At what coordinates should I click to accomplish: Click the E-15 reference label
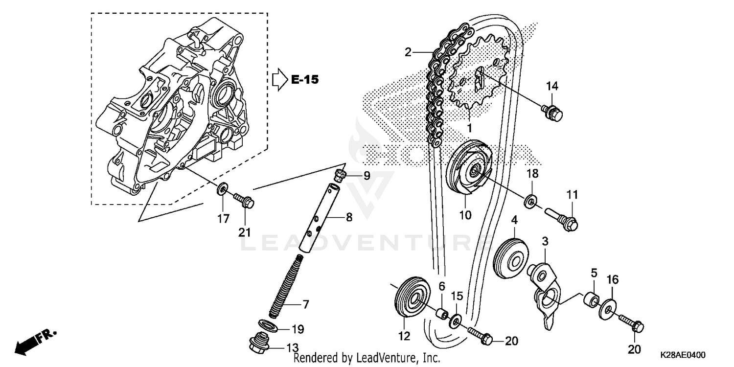pos(304,80)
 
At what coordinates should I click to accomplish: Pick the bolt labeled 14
pos(552,112)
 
